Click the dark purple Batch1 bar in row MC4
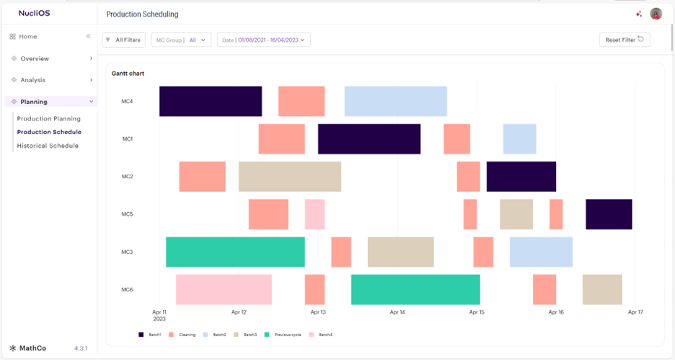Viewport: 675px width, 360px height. tap(211, 101)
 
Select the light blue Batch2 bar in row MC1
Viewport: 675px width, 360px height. tap(519, 139)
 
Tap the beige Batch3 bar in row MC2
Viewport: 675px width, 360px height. tap(290, 176)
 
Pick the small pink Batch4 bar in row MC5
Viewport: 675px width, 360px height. tap(314, 214)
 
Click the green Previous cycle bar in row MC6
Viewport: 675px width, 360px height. tap(415, 289)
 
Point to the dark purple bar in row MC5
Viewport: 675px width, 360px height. tap(609, 214)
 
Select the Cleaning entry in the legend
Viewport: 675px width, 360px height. tap(182, 335)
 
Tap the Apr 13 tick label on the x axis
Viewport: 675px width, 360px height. tap(318, 312)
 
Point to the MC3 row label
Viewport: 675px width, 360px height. tap(127, 252)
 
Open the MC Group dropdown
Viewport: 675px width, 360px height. tap(181, 40)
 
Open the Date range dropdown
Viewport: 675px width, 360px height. tap(263, 40)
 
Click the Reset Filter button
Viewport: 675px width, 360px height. tap(624, 40)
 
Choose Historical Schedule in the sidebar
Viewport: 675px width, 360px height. tap(48, 146)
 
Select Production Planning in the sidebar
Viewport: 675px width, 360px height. tap(49, 118)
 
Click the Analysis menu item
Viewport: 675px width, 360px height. tap(33, 80)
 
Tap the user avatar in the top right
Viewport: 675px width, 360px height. tap(656, 14)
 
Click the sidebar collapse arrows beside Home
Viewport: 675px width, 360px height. tap(89, 36)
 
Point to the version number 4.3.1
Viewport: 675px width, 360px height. tap(81, 348)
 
